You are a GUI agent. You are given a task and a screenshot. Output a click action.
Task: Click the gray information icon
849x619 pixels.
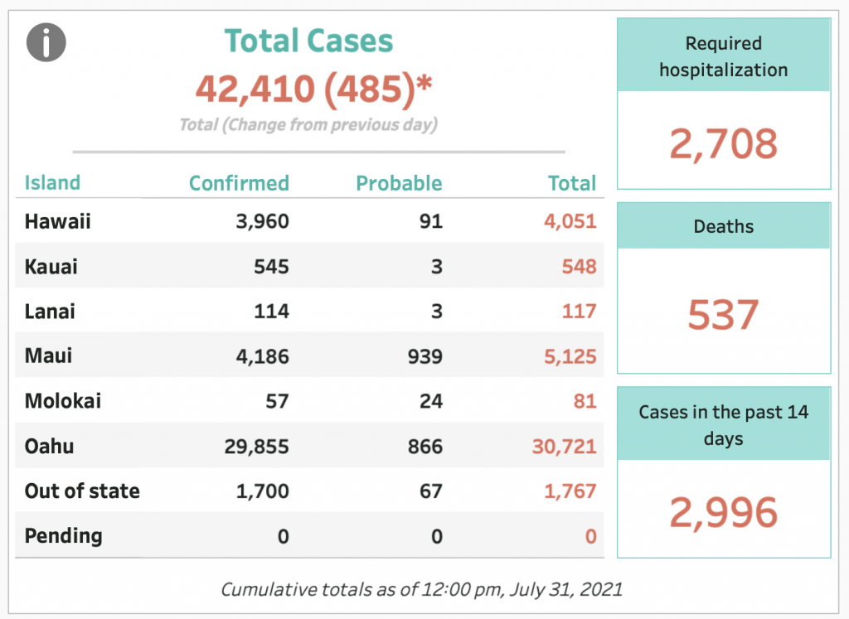(x=46, y=42)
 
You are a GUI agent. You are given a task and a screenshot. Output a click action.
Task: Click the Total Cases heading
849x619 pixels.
(x=308, y=41)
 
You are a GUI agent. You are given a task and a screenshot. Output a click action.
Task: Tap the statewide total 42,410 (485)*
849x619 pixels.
(x=313, y=88)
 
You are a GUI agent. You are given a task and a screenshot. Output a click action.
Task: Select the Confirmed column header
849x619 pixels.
(x=239, y=183)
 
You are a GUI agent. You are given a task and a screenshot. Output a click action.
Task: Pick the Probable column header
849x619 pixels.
(x=399, y=183)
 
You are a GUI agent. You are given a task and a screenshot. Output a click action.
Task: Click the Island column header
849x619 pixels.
(x=52, y=183)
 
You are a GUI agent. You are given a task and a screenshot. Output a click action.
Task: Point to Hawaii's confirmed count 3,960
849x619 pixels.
(x=262, y=221)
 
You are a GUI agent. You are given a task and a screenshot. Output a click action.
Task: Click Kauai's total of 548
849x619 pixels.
(x=579, y=266)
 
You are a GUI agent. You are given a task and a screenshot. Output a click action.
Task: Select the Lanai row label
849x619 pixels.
(x=50, y=311)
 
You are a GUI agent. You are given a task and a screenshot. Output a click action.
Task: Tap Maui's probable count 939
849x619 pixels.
(x=425, y=356)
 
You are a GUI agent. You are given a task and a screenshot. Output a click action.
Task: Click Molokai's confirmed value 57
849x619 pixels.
(x=277, y=401)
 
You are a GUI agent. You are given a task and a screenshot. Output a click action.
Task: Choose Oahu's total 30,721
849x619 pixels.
(x=564, y=447)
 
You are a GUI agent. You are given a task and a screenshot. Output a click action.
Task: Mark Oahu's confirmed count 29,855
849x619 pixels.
(x=257, y=447)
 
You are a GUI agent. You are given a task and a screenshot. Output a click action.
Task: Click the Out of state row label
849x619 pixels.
(x=82, y=491)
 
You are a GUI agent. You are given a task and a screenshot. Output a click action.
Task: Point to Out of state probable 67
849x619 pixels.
(x=431, y=491)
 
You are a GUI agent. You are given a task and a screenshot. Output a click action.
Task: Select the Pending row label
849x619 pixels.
(x=63, y=535)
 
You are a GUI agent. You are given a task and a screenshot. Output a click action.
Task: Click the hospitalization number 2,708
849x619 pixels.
(x=723, y=144)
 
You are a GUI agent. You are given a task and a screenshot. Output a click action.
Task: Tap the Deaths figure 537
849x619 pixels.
(x=723, y=315)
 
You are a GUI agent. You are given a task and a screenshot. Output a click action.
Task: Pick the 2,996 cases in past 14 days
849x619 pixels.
(x=723, y=512)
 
